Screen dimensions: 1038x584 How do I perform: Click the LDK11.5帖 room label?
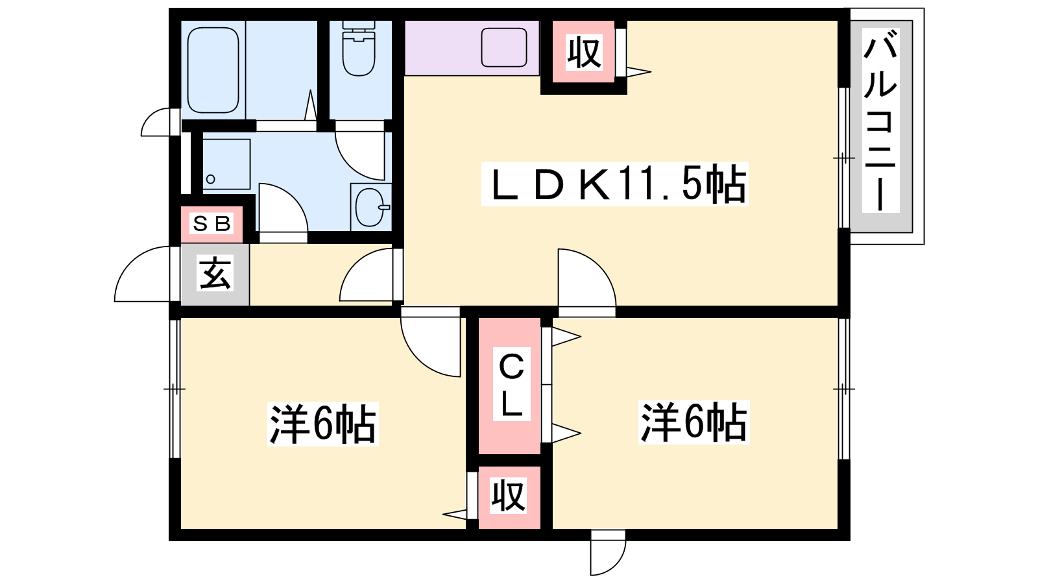[x=614, y=184]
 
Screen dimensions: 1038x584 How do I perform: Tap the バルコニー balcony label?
[x=880, y=120]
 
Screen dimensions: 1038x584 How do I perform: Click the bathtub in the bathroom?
[x=213, y=70]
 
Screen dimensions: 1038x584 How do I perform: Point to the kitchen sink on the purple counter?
[x=503, y=47]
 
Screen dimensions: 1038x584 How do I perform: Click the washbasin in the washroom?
[x=370, y=207]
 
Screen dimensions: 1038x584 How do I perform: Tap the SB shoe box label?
[x=211, y=225]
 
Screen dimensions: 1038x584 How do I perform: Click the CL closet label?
[x=511, y=384]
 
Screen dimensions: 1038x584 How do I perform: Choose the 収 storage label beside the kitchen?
[x=585, y=53]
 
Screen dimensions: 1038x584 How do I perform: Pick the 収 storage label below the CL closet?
[x=509, y=496]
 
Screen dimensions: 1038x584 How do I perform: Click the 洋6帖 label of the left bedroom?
[x=322, y=424]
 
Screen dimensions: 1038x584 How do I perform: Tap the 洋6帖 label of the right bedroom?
[x=694, y=422]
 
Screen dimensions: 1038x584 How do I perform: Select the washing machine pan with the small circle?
[x=226, y=164]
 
